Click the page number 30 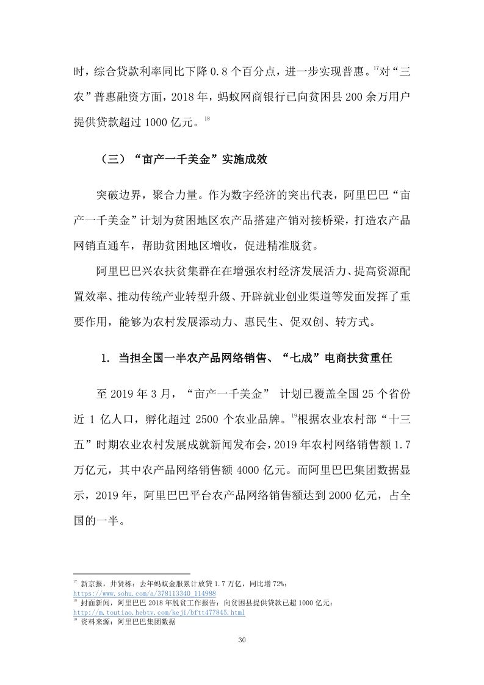tap(242, 639)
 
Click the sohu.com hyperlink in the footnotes tap(144, 593)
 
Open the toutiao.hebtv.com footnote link tap(159, 612)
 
